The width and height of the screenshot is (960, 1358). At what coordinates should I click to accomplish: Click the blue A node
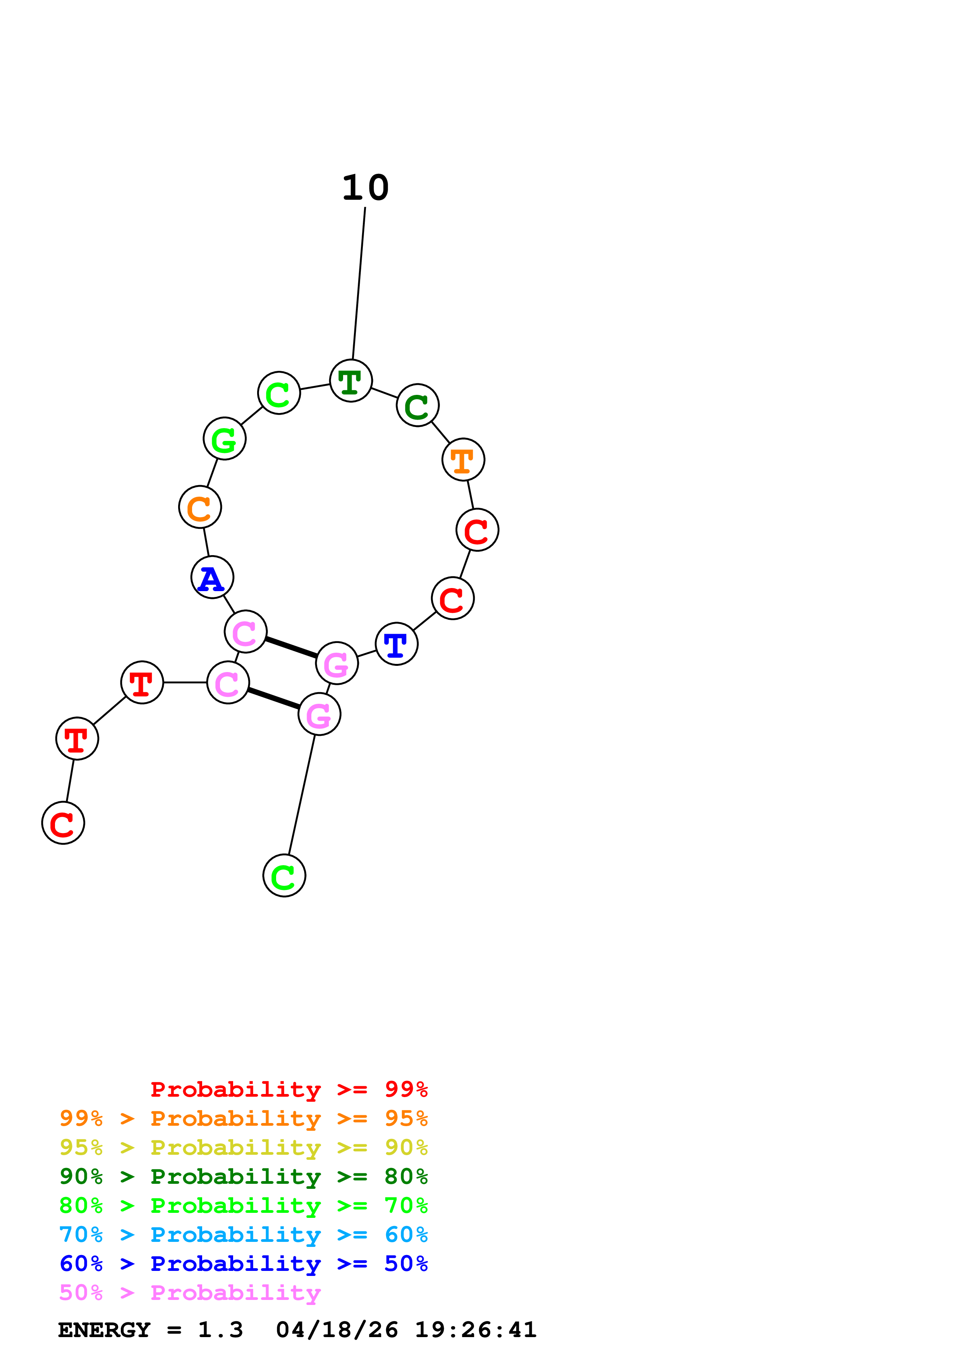[212, 577]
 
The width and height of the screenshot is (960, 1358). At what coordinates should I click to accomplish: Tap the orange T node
[463, 460]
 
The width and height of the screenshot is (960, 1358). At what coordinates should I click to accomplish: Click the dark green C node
[417, 405]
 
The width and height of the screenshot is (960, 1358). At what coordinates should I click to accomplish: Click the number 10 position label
[366, 188]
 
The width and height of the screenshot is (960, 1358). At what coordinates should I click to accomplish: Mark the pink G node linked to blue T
[337, 663]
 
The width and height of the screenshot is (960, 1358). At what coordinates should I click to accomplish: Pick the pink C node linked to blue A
[246, 632]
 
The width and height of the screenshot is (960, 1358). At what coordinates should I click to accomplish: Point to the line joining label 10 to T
[359, 284]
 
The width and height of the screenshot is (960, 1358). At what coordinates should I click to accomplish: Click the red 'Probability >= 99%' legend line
[289, 1089]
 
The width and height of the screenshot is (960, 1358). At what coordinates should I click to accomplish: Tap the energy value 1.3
[220, 1330]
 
